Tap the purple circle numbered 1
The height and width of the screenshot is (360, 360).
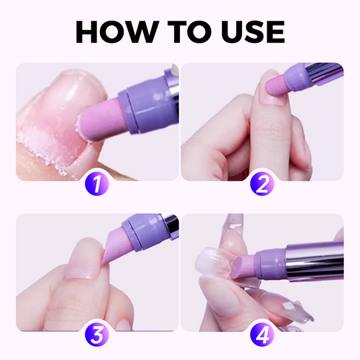[x=97, y=183]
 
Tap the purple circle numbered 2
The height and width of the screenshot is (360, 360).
[x=262, y=183]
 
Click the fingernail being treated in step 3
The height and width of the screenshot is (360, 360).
[x=85, y=264]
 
